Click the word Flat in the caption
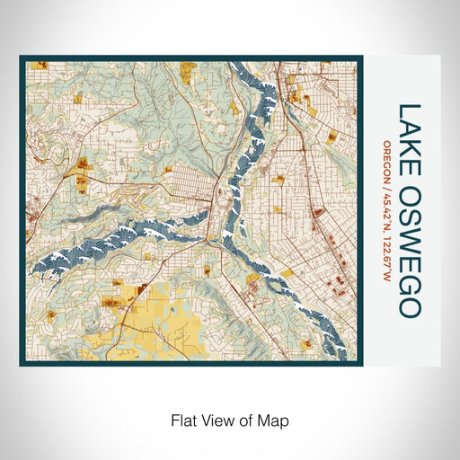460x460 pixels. pos(183,419)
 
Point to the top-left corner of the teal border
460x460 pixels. pos(22,57)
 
